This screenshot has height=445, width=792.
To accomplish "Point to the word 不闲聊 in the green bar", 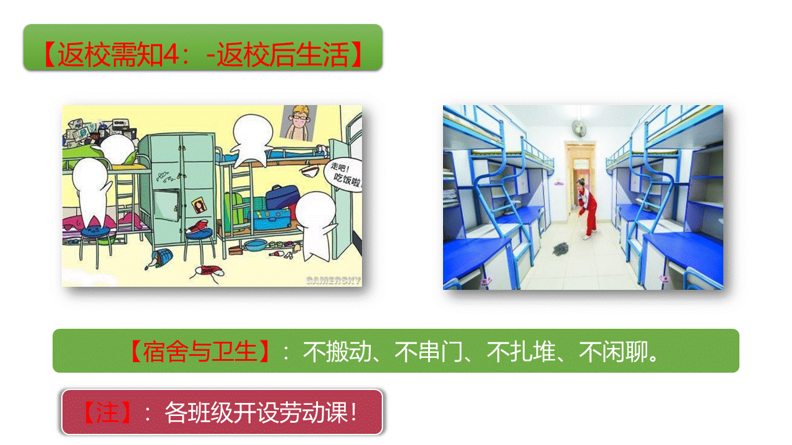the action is tap(613, 352).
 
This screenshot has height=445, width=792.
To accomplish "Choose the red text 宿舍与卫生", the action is tap(200, 352).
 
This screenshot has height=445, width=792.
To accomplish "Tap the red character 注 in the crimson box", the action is tap(108, 412).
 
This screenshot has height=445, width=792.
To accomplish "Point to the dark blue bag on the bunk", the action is tap(282, 197).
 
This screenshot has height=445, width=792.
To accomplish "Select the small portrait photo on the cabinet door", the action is tap(199, 205).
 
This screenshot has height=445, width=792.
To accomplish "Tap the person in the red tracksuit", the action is tap(587, 209).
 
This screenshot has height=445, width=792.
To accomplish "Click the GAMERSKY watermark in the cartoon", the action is tap(334, 281).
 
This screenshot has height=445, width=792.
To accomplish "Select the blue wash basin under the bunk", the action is tap(255, 245).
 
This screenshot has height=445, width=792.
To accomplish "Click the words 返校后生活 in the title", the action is tap(283, 54).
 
